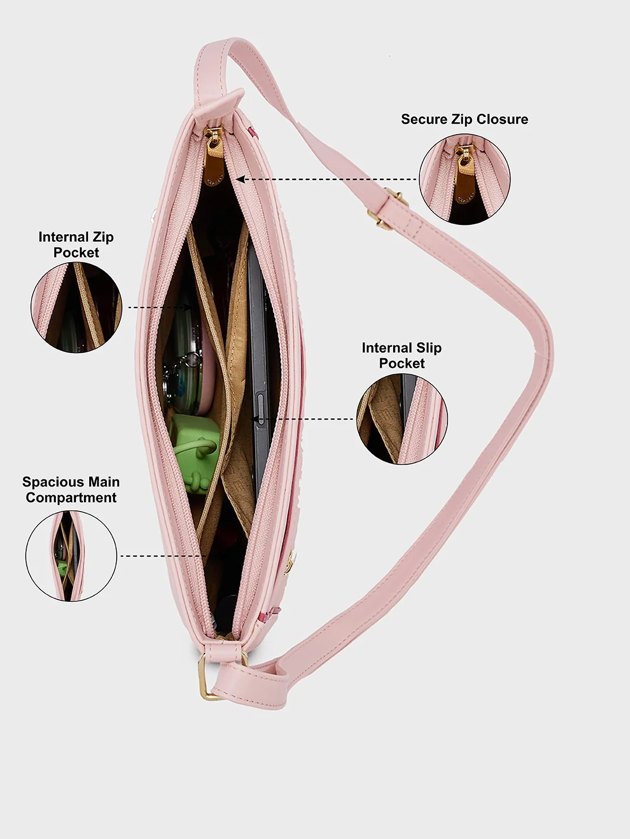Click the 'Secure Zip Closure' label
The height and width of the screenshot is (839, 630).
(x=464, y=119)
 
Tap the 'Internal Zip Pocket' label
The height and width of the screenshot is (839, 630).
(x=76, y=245)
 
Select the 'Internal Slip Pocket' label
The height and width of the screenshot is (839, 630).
(x=402, y=355)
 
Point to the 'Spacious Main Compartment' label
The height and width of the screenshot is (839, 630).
(x=71, y=489)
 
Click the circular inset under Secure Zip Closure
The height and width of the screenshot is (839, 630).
(x=465, y=179)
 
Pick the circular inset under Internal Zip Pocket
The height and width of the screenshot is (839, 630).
(x=76, y=307)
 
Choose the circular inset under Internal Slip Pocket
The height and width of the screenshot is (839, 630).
(x=402, y=419)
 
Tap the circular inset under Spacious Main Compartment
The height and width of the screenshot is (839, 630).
(x=71, y=556)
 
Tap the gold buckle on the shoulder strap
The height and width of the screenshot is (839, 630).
(x=387, y=209)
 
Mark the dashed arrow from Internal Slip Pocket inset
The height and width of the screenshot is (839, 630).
(x=302, y=419)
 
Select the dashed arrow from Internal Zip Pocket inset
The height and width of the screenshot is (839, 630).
(x=160, y=307)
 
